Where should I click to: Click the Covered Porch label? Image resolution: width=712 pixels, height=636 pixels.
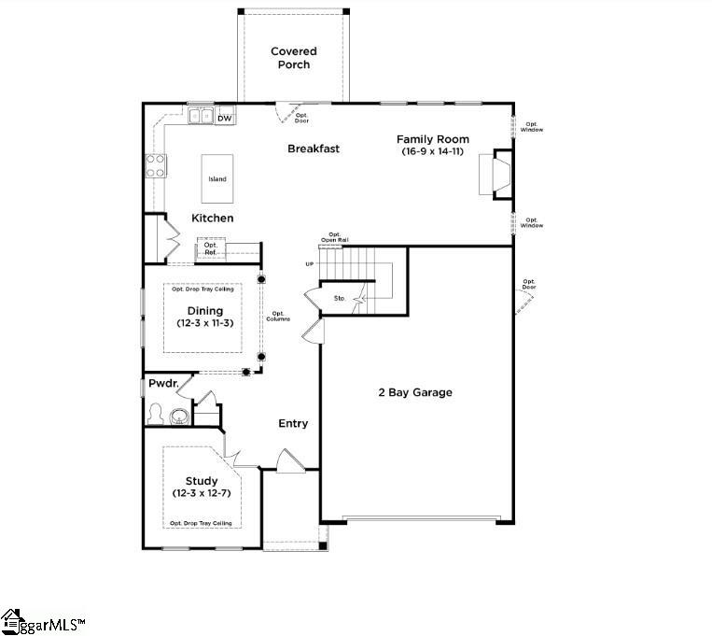point(293,58)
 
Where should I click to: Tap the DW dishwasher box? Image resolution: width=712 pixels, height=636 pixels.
point(224,119)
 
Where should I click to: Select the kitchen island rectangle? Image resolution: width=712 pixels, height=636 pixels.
point(216,178)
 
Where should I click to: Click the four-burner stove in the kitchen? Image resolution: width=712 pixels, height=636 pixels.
point(156,165)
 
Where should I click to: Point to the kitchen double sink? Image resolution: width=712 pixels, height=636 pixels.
point(200,117)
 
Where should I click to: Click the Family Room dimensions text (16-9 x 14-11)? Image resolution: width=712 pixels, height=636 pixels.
point(435,151)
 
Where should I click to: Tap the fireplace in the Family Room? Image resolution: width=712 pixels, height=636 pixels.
point(496,176)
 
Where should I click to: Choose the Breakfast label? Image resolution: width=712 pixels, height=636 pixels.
point(313,148)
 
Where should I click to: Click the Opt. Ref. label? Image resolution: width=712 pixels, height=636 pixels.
point(211,248)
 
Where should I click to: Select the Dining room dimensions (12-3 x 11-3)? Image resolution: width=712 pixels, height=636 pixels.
point(204,323)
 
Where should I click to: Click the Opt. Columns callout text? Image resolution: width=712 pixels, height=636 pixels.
point(280,317)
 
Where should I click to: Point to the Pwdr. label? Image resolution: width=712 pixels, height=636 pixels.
point(161,384)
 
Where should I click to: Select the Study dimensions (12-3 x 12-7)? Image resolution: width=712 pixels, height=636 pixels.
point(201,493)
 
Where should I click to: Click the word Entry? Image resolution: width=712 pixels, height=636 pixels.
point(293,424)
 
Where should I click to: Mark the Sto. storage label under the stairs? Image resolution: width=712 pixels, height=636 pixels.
point(340,299)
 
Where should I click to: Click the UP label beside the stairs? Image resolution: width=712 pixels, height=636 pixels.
point(309,264)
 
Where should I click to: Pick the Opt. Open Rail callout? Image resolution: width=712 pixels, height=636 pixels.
point(335,237)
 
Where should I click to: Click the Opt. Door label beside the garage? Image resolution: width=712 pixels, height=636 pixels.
point(529,285)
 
